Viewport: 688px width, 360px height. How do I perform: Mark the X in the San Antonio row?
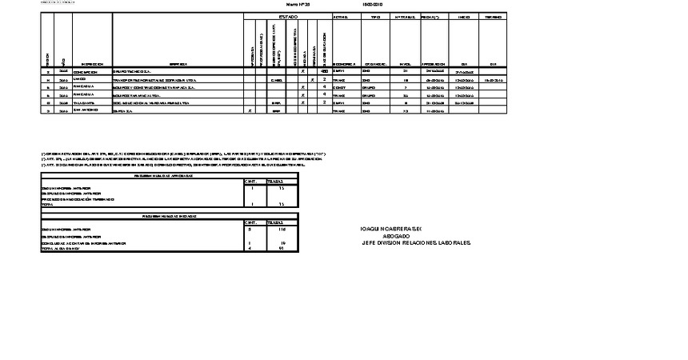(250, 111)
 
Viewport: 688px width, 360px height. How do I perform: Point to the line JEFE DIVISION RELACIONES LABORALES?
(417, 243)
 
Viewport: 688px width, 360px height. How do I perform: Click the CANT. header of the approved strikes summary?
(250, 182)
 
